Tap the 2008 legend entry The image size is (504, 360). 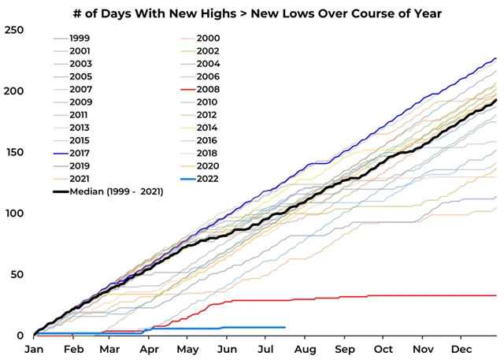click(209, 89)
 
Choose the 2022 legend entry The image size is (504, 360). click(209, 179)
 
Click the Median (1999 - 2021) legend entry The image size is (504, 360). click(116, 191)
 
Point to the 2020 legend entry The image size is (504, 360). click(209, 166)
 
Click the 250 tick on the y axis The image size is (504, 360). click(14, 30)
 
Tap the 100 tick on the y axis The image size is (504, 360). click(14, 213)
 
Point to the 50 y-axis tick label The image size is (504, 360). click(17, 274)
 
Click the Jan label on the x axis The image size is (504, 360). click(34, 349)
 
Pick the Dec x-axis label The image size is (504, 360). click(461, 349)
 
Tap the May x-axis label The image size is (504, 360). click(187, 349)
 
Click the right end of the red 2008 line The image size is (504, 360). click(495, 295)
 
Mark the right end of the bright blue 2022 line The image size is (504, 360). click(284, 327)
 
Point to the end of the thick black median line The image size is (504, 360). click(495, 100)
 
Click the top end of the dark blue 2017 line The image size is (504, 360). click(495, 58)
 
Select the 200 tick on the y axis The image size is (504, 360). click(14, 91)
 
